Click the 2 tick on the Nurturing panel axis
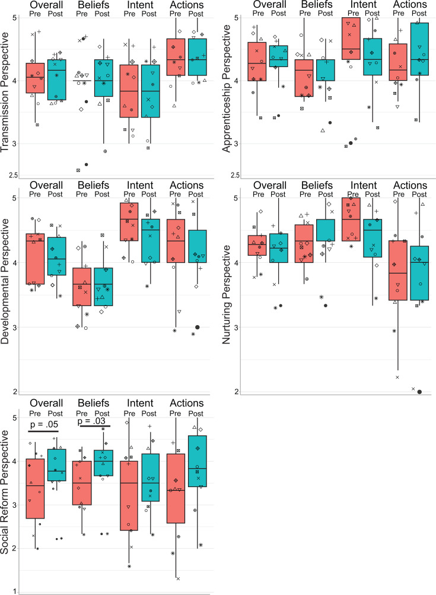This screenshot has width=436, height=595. coord(237,392)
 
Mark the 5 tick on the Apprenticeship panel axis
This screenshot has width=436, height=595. coord(237,18)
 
